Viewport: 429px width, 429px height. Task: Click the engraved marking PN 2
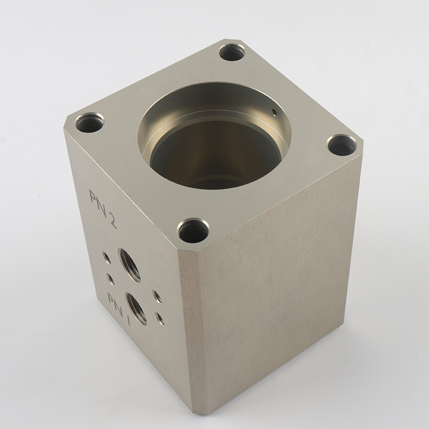pyautogui.click(x=102, y=207)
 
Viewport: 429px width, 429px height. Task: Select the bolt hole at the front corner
pyautogui.click(x=193, y=230)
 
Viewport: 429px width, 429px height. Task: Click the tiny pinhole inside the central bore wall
pyautogui.click(x=273, y=112)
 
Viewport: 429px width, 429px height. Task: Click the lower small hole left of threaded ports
pyautogui.click(x=111, y=278)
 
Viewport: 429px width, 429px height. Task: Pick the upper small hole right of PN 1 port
pyautogui.click(x=157, y=295)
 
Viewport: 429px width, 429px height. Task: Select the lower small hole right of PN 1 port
pyautogui.click(x=159, y=317)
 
